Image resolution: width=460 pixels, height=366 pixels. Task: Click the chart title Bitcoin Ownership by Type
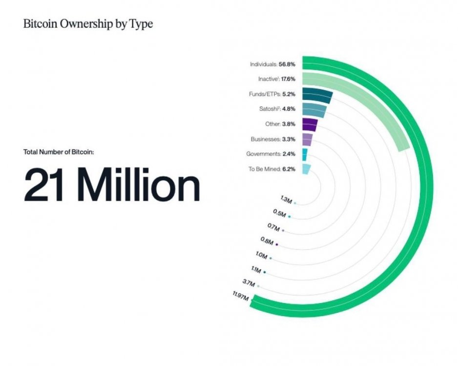88,24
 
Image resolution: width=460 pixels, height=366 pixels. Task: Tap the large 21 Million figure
112,185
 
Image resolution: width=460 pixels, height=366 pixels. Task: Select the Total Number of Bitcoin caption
59,152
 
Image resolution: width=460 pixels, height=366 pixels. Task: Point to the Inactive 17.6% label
276,79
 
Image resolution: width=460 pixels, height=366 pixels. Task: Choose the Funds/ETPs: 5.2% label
272,94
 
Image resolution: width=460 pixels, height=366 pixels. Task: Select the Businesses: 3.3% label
273,139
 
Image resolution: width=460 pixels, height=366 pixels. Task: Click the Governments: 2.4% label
271,154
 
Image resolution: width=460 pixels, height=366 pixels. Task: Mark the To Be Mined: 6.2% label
272,169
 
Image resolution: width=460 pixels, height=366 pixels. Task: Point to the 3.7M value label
249,283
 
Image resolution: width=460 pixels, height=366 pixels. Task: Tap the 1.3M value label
286,199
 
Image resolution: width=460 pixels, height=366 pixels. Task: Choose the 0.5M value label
280,213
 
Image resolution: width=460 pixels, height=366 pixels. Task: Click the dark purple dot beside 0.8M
277,244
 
